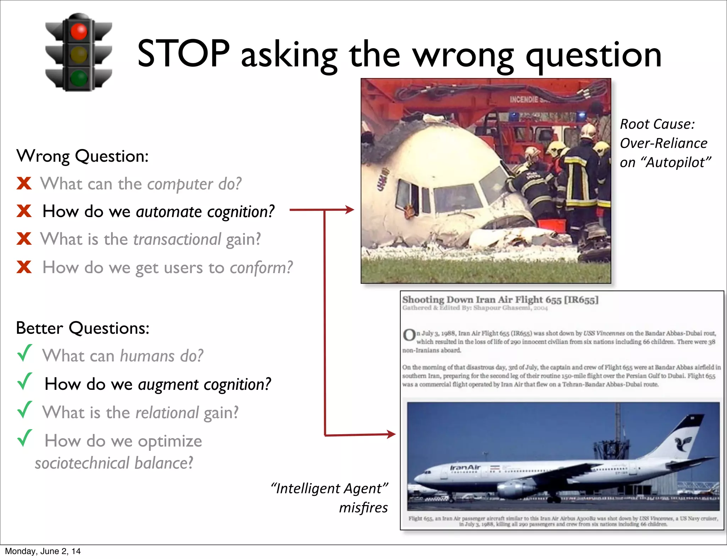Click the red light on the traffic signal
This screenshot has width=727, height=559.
tap(78, 32)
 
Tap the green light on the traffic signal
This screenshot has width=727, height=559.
tap(78, 78)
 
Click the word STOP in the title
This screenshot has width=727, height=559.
tap(184, 54)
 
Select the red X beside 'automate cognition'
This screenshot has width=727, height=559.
tap(24, 211)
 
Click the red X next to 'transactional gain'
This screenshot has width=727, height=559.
tap(24, 239)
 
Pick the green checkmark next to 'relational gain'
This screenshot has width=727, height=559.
tap(25, 410)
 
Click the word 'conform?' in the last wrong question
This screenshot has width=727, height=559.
tap(261, 267)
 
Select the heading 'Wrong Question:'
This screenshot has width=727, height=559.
tap(82, 156)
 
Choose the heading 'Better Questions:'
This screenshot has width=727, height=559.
tap(83, 328)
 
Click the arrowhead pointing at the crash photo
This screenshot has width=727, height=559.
tap(350, 210)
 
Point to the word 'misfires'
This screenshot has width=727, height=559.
tap(363, 508)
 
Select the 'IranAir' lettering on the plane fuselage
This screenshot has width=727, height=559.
tap(465, 467)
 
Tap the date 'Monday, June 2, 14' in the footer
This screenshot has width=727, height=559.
tap(43, 551)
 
